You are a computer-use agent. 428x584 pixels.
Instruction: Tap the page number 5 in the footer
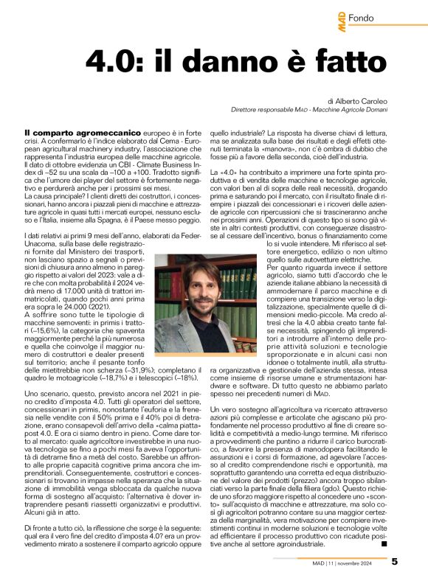coord(415,561)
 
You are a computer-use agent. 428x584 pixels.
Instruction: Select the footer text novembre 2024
coord(364,562)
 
